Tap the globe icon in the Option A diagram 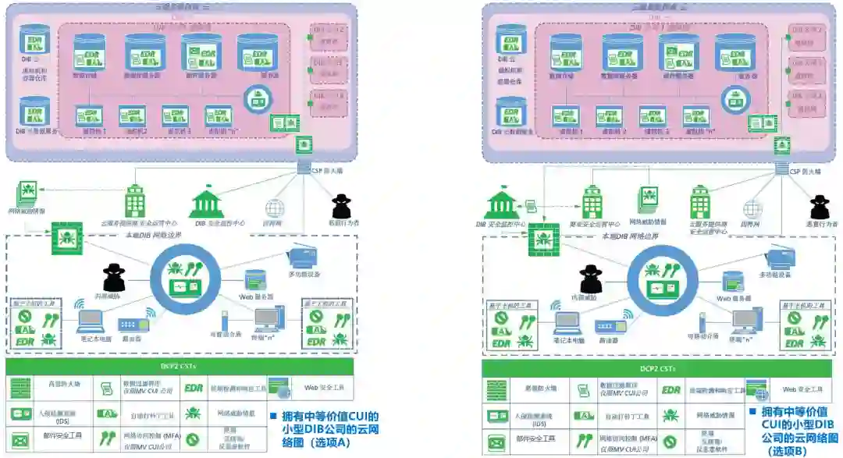(273, 208)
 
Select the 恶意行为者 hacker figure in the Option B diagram (819, 207)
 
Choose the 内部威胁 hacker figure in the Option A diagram (115, 277)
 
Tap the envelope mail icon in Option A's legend (21, 439)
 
